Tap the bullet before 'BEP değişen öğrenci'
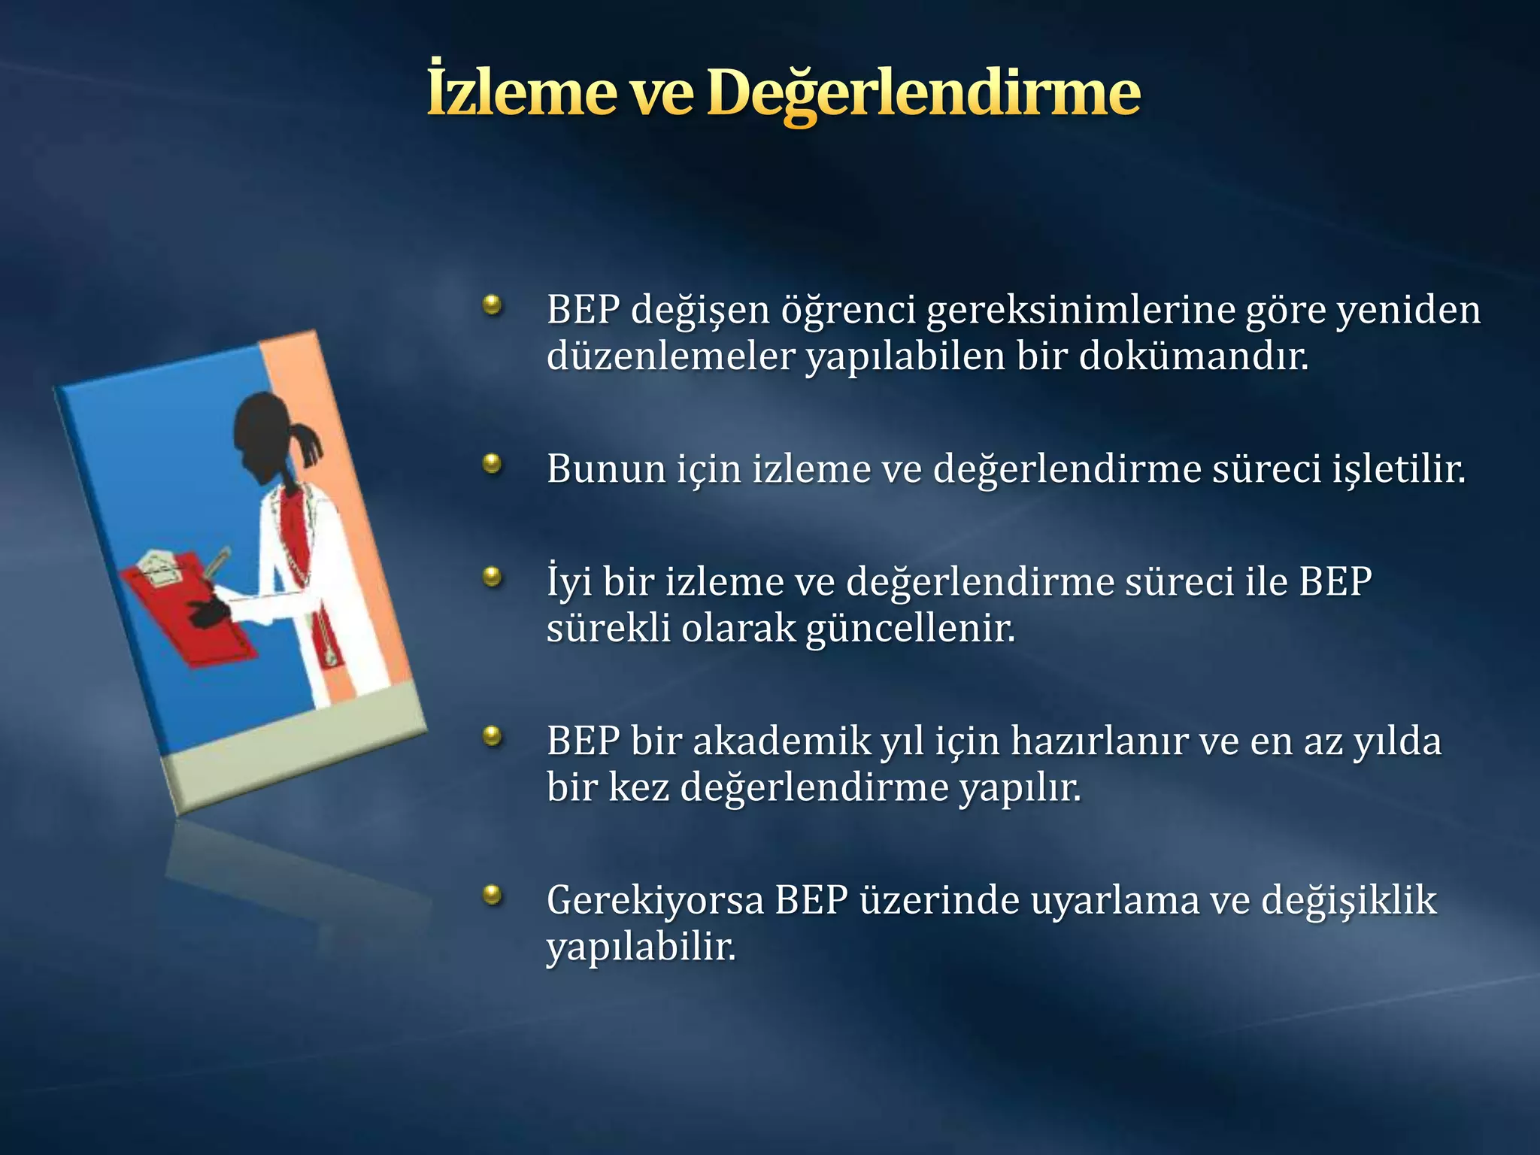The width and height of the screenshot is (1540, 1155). point(493,305)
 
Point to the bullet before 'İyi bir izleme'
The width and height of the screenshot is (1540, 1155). point(493,577)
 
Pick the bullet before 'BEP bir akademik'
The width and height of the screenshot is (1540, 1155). point(493,736)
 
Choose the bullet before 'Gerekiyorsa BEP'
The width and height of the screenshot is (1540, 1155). point(493,895)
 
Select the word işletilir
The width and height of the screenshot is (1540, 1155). point(1399,469)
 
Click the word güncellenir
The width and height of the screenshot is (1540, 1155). point(910,629)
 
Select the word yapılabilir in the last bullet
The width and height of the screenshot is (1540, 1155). point(641,947)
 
